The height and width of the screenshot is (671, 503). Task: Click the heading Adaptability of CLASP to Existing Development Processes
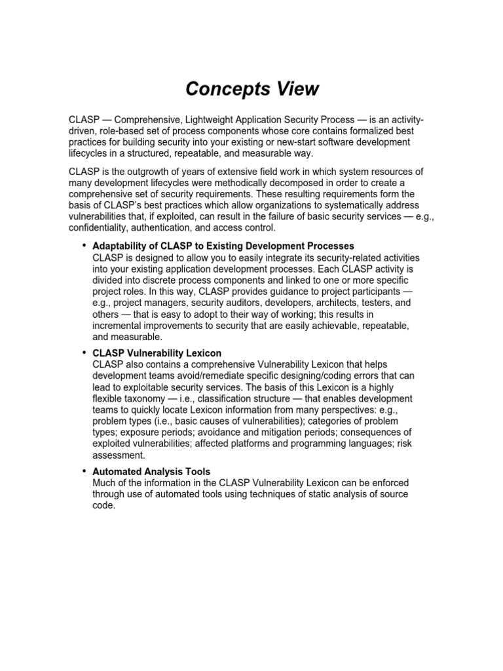[x=223, y=246]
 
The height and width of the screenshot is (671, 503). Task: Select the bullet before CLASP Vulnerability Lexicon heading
[x=84, y=353]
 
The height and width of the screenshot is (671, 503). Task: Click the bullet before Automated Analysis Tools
[x=84, y=471]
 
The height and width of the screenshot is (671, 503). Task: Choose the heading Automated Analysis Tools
[x=151, y=472]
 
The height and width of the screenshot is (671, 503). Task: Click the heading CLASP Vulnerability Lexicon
[x=157, y=353]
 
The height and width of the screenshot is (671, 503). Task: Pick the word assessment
[x=118, y=455]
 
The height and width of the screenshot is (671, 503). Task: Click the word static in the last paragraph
[x=308, y=494]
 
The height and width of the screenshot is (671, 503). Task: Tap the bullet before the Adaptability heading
[x=84, y=246]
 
